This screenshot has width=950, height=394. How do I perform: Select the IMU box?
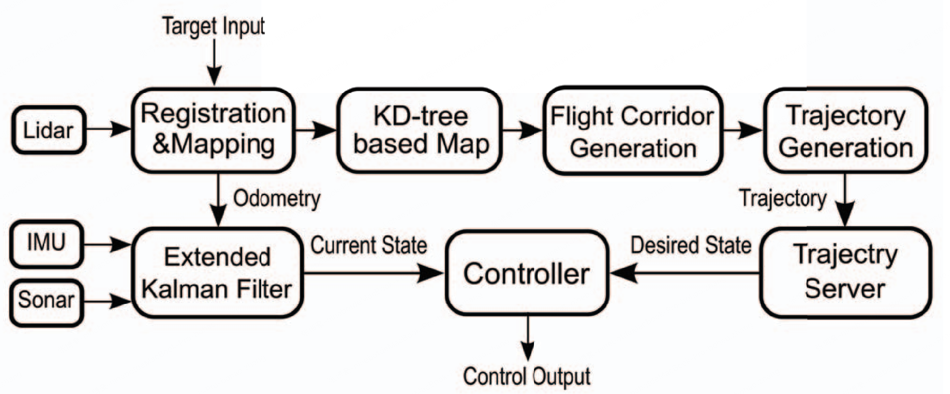click(x=46, y=243)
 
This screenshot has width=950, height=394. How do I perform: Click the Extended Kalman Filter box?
click(x=217, y=273)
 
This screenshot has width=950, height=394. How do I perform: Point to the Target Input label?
click(x=214, y=27)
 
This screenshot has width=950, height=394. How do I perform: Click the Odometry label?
click(x=277, y=199)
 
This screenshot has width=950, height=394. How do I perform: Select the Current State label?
click(x=369, y=245)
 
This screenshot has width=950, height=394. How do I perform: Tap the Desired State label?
click(x=690, y=245)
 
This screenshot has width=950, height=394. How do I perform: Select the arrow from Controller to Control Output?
click(x=528, y=337)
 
